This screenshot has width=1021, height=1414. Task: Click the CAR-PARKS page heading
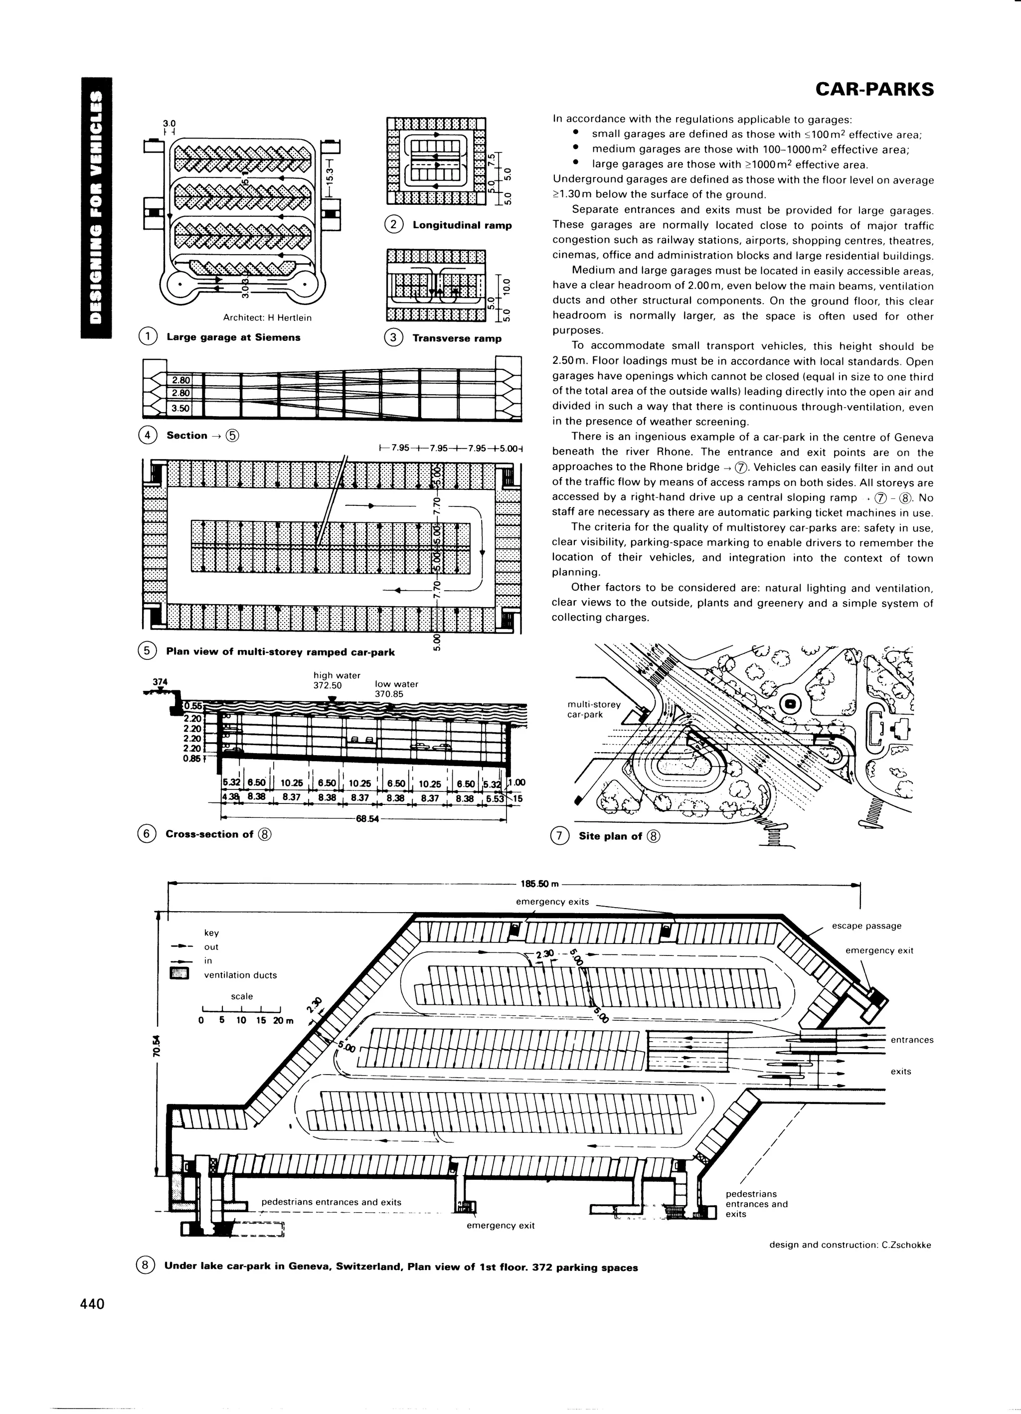[874, 90]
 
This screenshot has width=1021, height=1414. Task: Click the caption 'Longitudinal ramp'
[462, 225]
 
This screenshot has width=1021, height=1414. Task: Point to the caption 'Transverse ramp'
[457, 338]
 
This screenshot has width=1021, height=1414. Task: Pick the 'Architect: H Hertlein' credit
[267, 318]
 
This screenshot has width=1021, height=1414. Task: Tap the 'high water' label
[337, 675]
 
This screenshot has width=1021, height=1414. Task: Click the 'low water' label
[396, 684]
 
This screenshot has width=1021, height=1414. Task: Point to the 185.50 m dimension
[539, 884]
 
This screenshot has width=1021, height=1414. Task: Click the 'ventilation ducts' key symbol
[179, 974]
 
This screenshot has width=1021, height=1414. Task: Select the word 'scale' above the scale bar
[242, 996]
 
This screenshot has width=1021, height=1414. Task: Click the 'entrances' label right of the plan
[912, 1040]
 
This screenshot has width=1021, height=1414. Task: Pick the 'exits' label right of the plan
[901, 1071]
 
